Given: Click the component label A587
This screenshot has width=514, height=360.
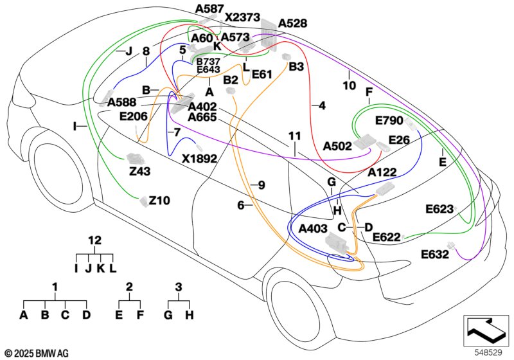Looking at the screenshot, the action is click(x=209, y=9).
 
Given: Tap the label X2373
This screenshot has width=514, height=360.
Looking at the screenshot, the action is click(x=243, y=17).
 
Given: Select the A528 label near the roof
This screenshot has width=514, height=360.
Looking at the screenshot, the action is click(x=292, y=23).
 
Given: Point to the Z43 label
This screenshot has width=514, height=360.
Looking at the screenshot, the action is click(x=139, y=171).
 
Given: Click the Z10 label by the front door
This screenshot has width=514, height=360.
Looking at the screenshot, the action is click(x=159, y=200).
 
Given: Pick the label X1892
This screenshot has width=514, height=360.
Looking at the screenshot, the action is click(x=199, y=159).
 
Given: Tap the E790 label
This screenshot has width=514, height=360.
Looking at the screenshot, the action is click(x=389, y=121).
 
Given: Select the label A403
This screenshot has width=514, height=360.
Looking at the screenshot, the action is click(x=313, y=228).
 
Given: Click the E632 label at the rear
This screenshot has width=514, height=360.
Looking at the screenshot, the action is click(x=435, y=254).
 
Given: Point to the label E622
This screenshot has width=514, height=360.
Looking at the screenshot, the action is click(x=387, y=237).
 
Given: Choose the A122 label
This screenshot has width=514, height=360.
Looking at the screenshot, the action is click(x=382, y=172).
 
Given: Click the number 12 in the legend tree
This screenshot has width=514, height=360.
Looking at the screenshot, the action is click(x=94, y=240).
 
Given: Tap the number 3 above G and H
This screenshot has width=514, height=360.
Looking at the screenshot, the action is click(x=179, y=287).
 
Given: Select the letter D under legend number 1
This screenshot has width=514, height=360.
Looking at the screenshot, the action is click(x=86, y=315).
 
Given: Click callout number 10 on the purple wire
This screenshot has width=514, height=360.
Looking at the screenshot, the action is click(x=349, y=85).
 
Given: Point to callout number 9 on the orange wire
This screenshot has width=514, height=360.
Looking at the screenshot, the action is click(x=261, y=185).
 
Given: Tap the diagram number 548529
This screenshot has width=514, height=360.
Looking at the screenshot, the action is click(x=488, y=352).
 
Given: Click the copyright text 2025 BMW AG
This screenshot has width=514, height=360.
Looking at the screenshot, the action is click(x=42, y=354).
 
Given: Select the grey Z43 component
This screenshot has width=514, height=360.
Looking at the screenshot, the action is click(x=135, y=158).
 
